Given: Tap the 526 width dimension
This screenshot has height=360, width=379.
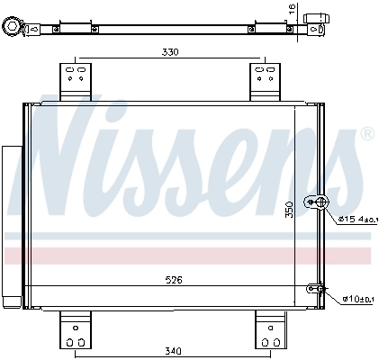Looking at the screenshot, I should click(x=175, y=280).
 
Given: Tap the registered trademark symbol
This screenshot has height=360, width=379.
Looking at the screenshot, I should click(x=366, y=134).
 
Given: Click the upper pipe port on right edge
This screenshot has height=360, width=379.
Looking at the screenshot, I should click(x=317, y=202).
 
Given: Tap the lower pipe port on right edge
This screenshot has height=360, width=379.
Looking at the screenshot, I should click(x=315, y=289).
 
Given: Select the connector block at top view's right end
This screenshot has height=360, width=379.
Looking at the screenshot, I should click(x=314, y=22).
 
